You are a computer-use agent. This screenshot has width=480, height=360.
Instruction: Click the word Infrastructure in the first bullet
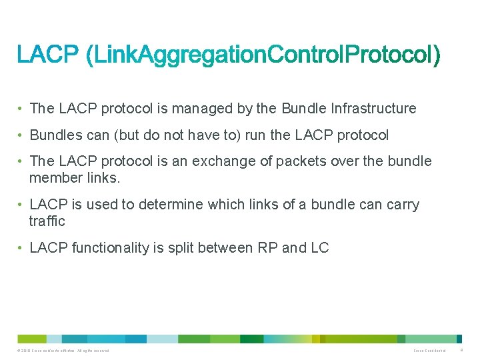(x=373, y=109)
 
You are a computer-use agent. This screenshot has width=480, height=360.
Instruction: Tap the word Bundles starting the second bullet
(x=57, y=135)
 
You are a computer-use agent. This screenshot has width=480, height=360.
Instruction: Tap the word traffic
(x=47, y=221)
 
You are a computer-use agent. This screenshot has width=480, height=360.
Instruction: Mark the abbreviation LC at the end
(x=320, y=248)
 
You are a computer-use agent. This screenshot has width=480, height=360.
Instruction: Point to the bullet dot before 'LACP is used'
(x=22, y=205)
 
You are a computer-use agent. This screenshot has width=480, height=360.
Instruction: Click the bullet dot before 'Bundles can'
(x=22, y=135)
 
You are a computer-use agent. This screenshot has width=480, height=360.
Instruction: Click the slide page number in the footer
(x=461, y=351)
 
